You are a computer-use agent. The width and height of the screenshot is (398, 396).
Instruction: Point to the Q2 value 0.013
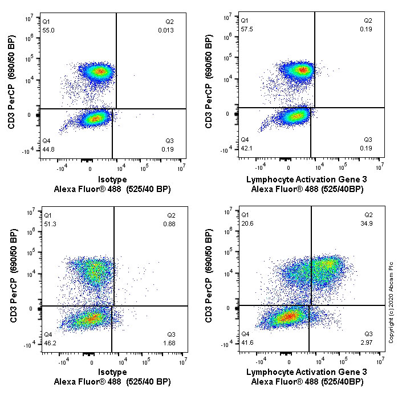[166, 29]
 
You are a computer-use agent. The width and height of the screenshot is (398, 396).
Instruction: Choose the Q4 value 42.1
[246, 149]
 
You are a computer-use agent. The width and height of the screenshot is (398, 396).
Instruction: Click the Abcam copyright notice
[391, 302]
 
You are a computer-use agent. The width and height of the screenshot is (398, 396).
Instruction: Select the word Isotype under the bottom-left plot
[112, 372]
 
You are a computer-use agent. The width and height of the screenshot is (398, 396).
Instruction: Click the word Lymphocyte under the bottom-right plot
[267, 372]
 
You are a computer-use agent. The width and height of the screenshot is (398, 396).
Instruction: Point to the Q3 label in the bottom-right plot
[368, 334]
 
